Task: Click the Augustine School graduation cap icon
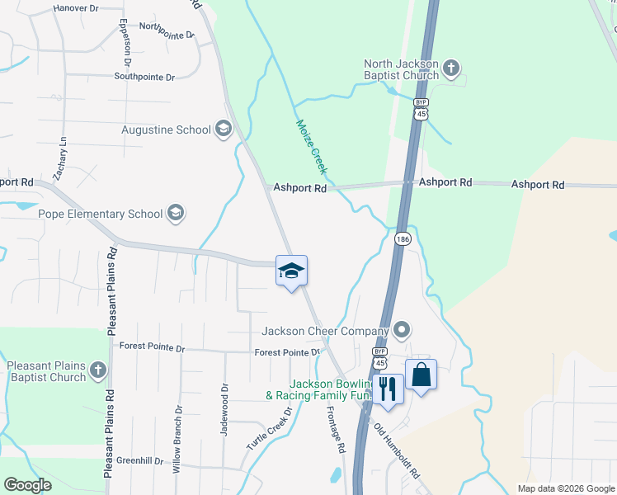[x=223, y=130]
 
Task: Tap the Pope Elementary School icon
[x=175, y=214]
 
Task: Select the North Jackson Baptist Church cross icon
[x=450, y=66]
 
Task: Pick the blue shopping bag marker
[x=421, y=375]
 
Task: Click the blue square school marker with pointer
[x=291, y=271]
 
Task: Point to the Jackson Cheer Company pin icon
[x=401, y=331]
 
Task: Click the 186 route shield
[x=402, y=238]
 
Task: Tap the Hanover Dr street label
[x=75, y=7]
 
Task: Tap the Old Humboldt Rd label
[x=397, y=452]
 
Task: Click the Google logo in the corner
[x=27, y=485]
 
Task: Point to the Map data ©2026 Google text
[x=565, y=488]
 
